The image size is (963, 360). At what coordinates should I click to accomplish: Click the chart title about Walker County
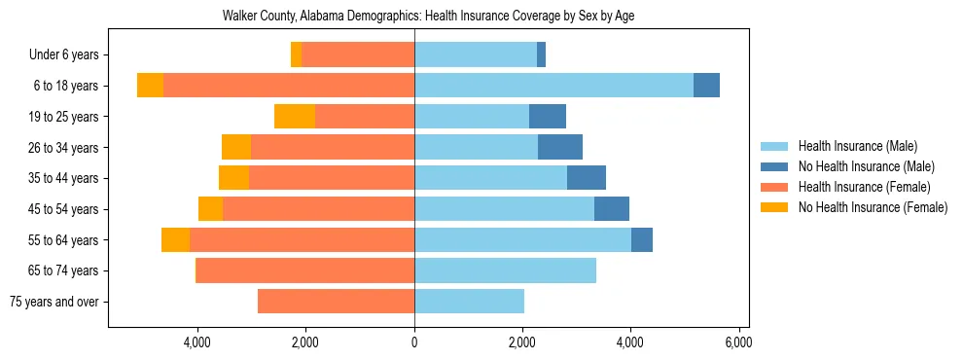[428, 17]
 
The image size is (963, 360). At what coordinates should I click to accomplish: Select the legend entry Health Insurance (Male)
[857, 146]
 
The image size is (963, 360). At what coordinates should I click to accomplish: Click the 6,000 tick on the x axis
[738, 342]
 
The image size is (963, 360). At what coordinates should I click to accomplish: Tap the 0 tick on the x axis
[414, 342]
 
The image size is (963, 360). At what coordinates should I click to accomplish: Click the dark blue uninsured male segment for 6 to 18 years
[706, 86]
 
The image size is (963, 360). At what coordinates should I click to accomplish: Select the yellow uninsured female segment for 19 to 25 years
[295, 117]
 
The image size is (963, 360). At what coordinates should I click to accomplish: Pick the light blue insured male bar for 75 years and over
[469, 302]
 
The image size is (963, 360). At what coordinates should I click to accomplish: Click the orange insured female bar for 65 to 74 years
[305, 270]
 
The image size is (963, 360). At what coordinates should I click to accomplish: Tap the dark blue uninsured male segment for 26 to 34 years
[560, 147]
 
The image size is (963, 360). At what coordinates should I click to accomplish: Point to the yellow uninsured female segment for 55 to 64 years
[175, 239]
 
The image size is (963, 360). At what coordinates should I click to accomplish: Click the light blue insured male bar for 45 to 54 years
[504, 209]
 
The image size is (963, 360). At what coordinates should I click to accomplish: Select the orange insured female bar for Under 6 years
[358, 55]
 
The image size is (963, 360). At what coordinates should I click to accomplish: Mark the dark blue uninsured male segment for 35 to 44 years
[587, 178]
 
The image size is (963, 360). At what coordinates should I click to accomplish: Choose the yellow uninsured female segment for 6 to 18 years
[150, 86]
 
